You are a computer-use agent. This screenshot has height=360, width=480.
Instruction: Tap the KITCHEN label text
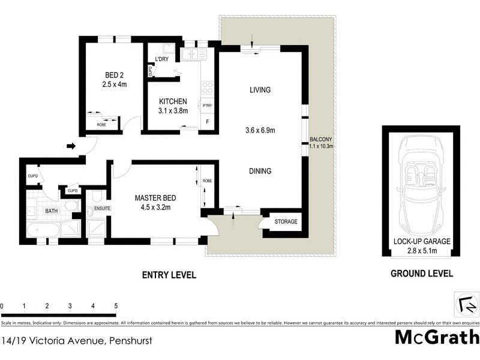click(172, 101)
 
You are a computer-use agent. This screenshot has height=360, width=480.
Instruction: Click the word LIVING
click(260, 90)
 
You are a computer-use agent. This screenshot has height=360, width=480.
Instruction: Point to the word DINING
click(260, 171)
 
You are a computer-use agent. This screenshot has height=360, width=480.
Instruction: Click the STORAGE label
click(286, 222)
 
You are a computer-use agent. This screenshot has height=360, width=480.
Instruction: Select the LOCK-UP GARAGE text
click(422, 241)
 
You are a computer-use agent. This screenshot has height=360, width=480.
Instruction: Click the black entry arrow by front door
click(70, 146)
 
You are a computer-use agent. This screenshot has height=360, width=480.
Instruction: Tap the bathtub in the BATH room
click(42, 231)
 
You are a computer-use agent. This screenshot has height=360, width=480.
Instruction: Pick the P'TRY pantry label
click(208, 106)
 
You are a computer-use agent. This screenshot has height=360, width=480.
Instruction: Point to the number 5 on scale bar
click(115, 306)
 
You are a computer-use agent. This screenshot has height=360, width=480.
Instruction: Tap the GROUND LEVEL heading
click(422, 274)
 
